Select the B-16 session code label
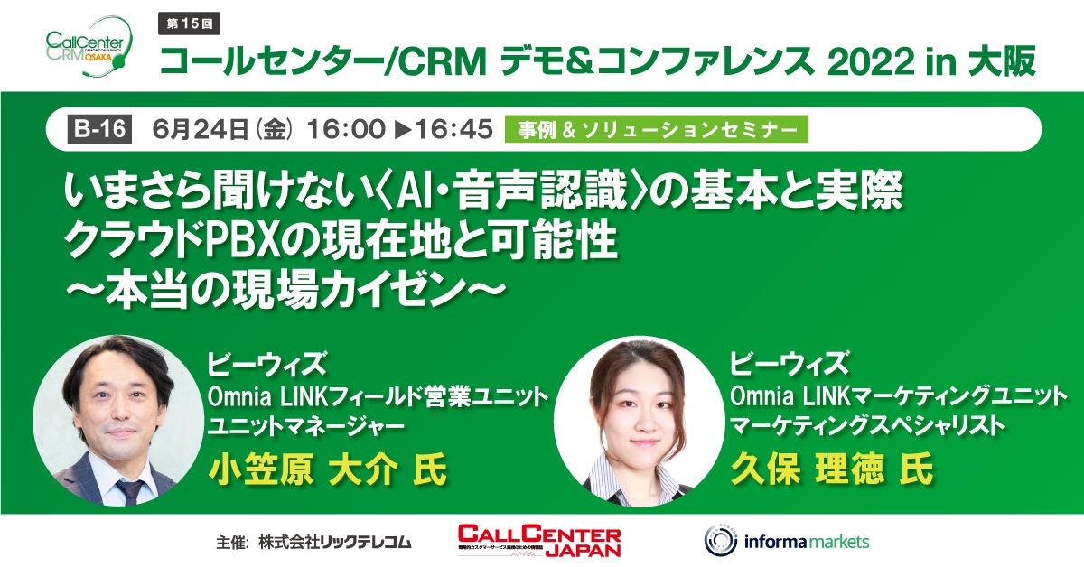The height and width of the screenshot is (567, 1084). pos(99,130)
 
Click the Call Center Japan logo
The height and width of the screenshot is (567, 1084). pos(539,541)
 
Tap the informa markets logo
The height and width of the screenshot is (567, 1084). pos(786,541)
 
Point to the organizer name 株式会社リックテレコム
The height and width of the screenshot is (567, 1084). pos(334,543)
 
